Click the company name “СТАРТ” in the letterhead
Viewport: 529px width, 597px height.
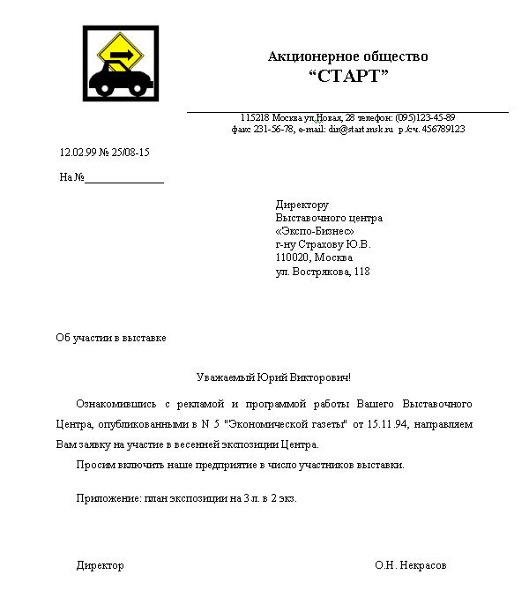pyautogui.click(x=348, y=77)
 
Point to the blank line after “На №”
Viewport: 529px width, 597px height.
pyautogui.click(x=124, y=177)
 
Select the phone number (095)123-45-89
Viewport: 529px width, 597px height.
pyautogui.click(x=425, y=117)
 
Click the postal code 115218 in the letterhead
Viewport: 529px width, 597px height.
pyautogui.click(x=255, y=117)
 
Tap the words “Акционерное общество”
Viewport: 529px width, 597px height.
pyautogui.click(x=348, y=56)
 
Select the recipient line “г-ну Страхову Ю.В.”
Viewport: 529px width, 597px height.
pyautogui.click(x=324, y=244)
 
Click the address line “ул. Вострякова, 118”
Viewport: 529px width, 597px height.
pyautogui.click(x=323, y=272)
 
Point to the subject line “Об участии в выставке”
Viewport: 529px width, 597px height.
pyautogui.click(x=111, y=338)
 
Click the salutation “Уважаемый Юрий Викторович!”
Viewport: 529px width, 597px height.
pyautogui.click(x=273, y=377)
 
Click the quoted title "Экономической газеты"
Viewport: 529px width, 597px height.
pyautogui.click(x=282, y=425)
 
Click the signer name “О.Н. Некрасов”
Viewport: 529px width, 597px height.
pyautogui.click(x=410, y=565)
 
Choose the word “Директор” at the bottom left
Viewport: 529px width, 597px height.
pyautogui.click(x=100, y=565)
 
